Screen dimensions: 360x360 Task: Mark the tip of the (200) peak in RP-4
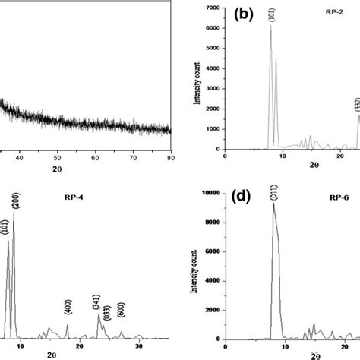coord(14,213)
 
